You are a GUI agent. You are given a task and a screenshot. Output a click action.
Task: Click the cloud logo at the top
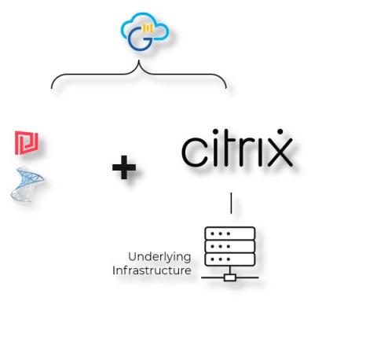[145, 31]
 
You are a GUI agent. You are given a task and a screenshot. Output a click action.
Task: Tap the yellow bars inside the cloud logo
[148, 28]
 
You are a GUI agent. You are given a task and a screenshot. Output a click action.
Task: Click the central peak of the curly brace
[139, 61]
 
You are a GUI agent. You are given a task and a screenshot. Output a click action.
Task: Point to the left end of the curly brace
[52, 88]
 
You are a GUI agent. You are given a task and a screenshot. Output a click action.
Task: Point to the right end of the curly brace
[226, 87]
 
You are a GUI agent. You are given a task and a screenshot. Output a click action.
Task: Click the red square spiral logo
[27, 142]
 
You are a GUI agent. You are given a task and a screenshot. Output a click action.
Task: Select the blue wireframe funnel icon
[27, 184]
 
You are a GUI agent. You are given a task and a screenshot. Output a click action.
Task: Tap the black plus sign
[124, 167]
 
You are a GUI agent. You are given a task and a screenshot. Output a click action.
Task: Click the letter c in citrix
[193, 152]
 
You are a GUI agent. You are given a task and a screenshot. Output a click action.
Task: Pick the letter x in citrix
[280, 152]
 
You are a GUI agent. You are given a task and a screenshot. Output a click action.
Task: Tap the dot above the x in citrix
[280, 131]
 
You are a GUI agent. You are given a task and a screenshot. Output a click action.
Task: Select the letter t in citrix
[229, 149]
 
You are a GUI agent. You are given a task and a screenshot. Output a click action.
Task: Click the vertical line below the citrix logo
[231, 203]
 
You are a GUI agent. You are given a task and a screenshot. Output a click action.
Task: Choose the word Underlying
[159, 257]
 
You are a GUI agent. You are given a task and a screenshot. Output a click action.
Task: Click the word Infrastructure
[152, 270]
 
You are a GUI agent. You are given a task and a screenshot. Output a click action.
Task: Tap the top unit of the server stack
[230, 233]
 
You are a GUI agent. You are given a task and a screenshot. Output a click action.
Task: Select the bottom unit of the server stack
[230, 259]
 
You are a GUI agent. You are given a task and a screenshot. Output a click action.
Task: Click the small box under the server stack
[230, 277]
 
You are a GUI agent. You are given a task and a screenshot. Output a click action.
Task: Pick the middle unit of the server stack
[230, 246]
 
